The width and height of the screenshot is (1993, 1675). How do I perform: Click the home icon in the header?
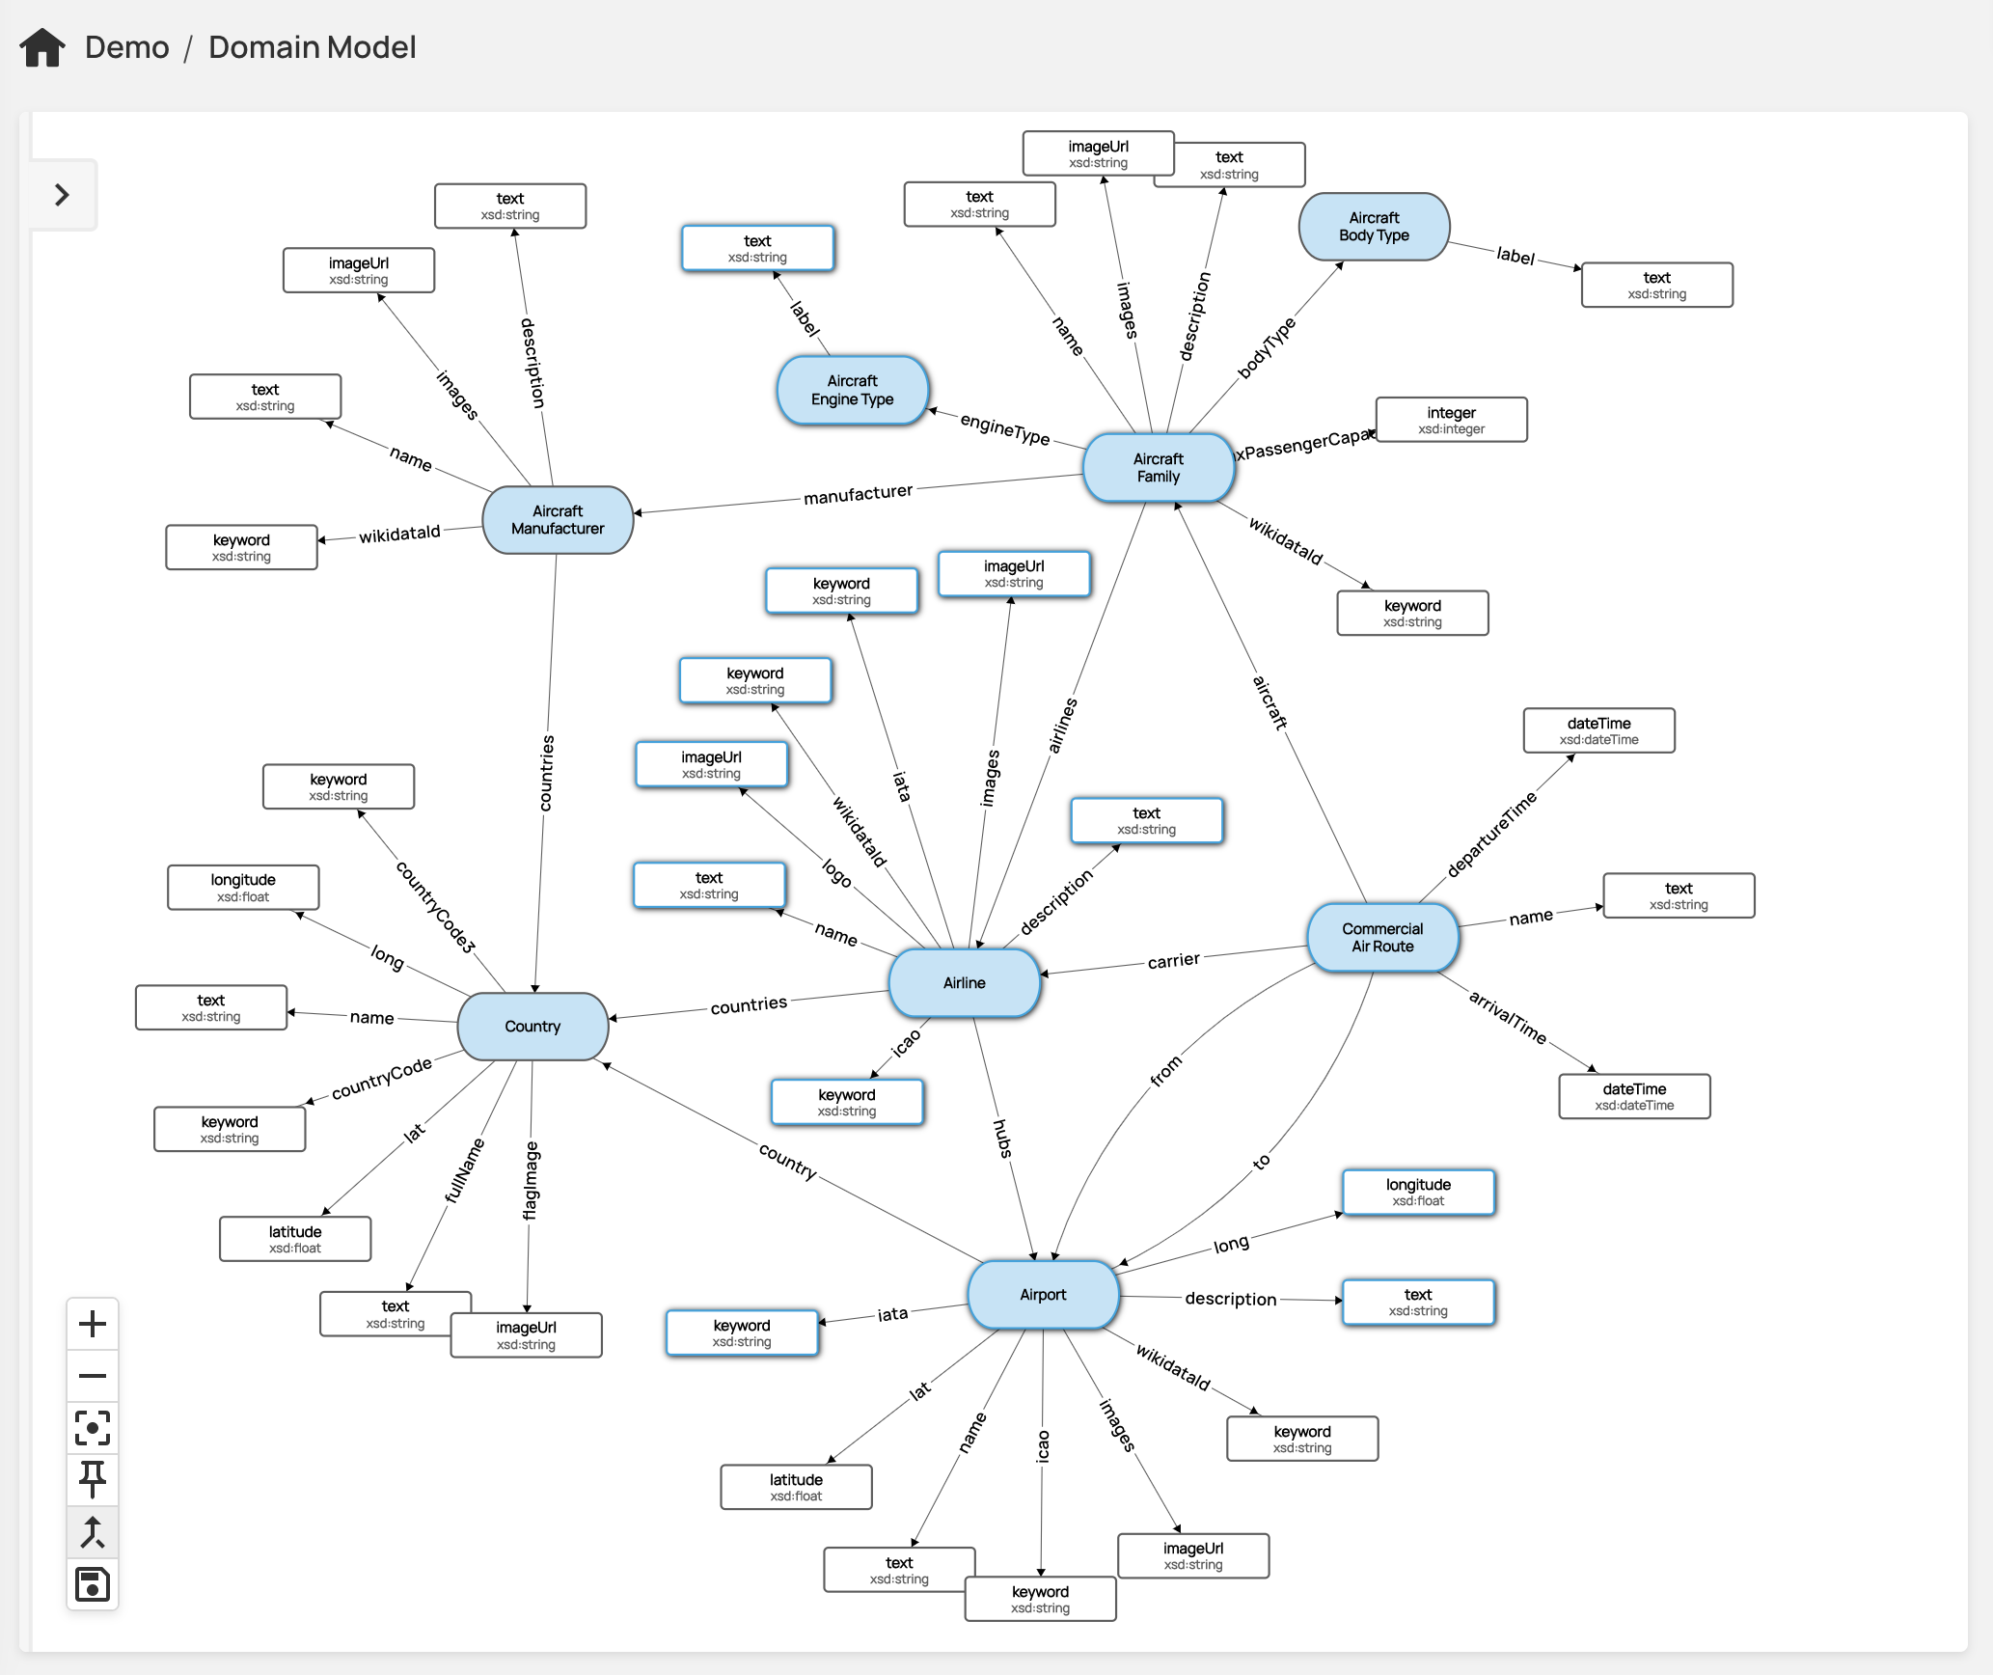[x=42, y=47]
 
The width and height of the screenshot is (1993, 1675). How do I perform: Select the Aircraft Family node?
[x=1158, y=468]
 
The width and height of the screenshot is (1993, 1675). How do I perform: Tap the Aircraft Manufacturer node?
[x=558, y=520]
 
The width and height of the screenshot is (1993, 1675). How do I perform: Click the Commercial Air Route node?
[x=1381, y=938]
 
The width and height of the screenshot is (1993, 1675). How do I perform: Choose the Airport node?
[x=1043, y=1295]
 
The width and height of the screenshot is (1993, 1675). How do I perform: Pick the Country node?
[x=532, y=1027]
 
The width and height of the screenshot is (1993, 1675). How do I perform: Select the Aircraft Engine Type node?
[x=852, y=391]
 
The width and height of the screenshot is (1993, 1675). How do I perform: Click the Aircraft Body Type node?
[x=1374, y=227]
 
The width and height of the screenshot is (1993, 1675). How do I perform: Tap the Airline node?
[x=964, y=983]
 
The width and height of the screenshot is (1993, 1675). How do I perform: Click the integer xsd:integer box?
[x=1451, y=420]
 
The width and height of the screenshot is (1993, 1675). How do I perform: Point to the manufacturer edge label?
[x=858, y=494]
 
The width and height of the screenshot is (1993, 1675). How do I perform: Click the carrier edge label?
[x=1173, y=961]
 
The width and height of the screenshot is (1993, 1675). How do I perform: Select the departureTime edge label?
[x=1491, y=835]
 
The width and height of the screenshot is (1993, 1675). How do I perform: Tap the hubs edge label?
[x=1003, y=1139]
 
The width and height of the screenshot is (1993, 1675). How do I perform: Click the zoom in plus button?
[x=93, y=1324]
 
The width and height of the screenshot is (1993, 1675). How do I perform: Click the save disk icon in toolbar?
[x=93, y=1584]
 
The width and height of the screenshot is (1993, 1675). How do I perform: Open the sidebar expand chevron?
[x=63, y=195]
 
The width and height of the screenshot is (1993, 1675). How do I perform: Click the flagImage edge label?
[x=531, y=1181]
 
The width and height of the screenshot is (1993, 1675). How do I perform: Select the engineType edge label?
[x=1004, y=429]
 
